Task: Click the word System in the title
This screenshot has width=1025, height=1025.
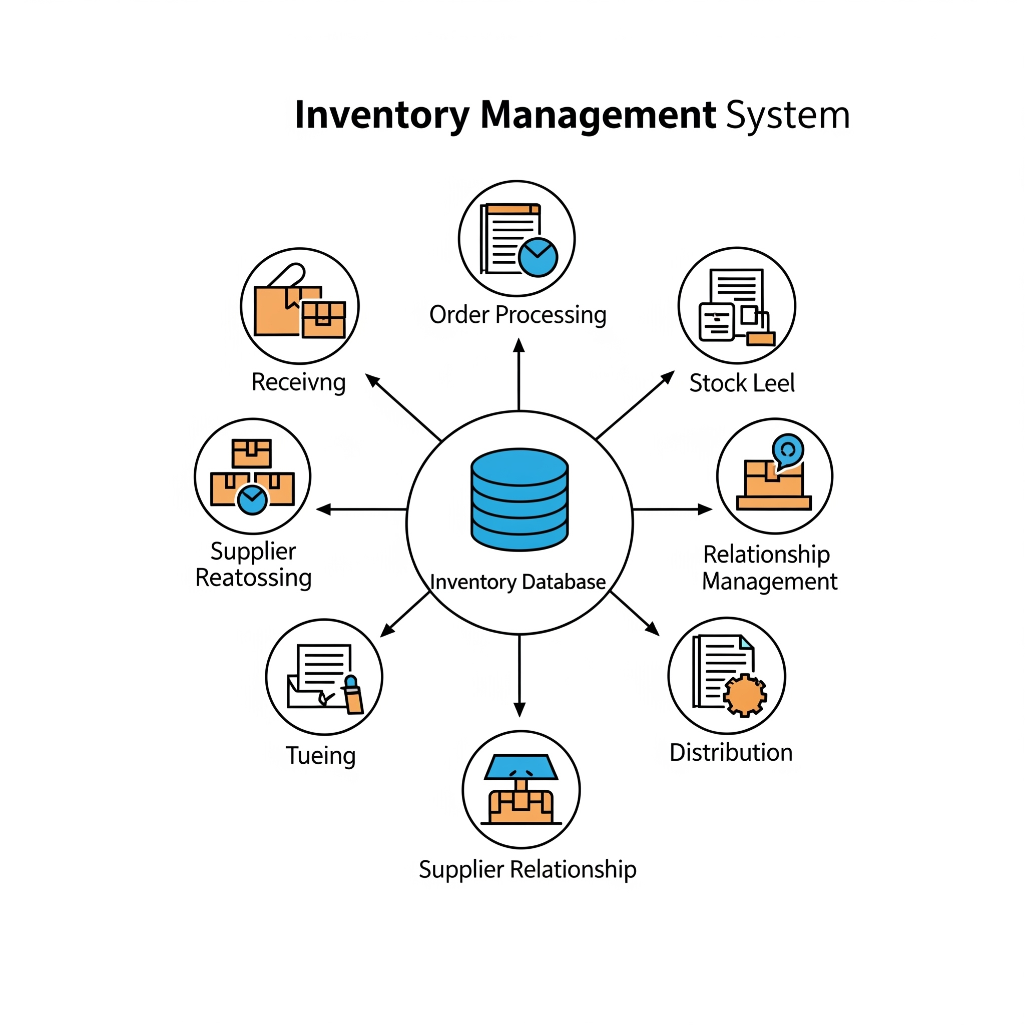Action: (787, 115)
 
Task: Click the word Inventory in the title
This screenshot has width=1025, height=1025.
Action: (382, 115)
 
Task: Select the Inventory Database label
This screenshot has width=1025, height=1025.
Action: (518, 582)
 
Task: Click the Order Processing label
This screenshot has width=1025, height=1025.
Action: (518, 315)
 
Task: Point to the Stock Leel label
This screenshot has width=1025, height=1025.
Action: (742, 383)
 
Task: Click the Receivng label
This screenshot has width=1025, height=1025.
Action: (299, 382)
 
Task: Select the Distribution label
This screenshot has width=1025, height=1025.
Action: (731, 752)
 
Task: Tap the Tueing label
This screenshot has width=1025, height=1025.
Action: (320, 755)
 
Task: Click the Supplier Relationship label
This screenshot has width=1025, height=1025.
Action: (528, 869)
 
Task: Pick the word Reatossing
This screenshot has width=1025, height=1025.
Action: (254, 578)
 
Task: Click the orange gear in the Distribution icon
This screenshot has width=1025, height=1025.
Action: (745, 695)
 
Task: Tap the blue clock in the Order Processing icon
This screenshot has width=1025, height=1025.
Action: (538, 257)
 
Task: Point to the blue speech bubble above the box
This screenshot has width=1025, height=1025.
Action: (788, 450)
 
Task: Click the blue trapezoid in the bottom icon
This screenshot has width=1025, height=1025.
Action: (521, 767)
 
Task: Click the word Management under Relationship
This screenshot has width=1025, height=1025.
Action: (770, 582)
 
